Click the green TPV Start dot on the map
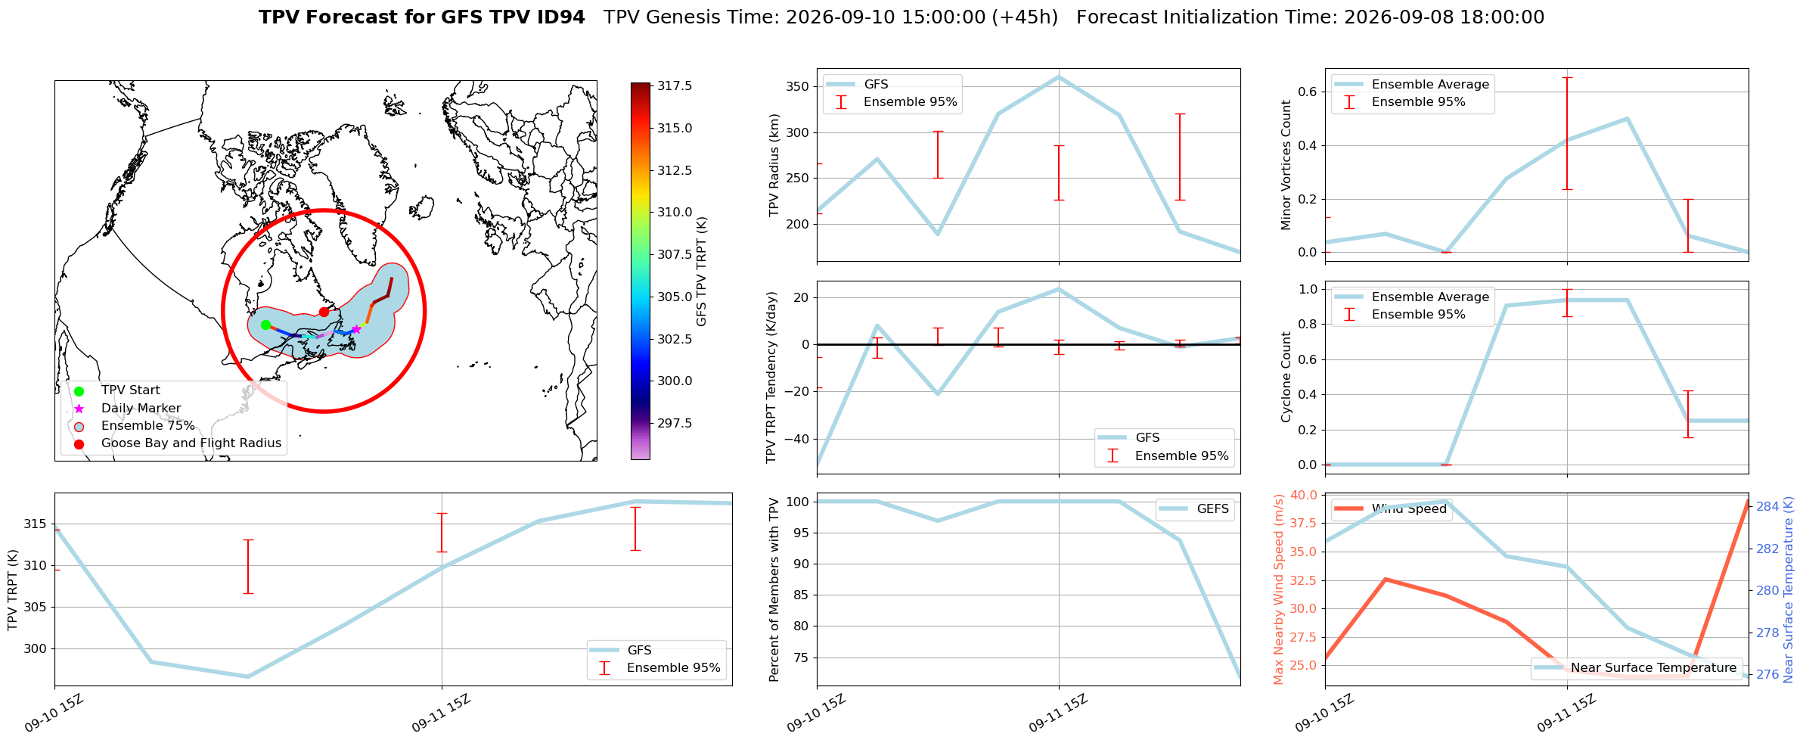[265, 325]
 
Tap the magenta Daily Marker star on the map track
[356, 329]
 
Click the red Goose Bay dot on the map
[324, 312]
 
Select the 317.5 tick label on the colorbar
[675, 86]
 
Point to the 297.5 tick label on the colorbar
[675, 423]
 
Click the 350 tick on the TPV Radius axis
[799, 86]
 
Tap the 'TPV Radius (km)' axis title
[774, 165]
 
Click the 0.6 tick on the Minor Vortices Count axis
[1309, 92]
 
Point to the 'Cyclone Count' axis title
[1286, 377]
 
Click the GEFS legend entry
[1196, 509]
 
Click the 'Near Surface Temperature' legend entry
[1637, 668]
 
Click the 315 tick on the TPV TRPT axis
[36, 524]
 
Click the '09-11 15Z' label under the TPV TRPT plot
[442, 713]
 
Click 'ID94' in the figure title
[560, 17]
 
